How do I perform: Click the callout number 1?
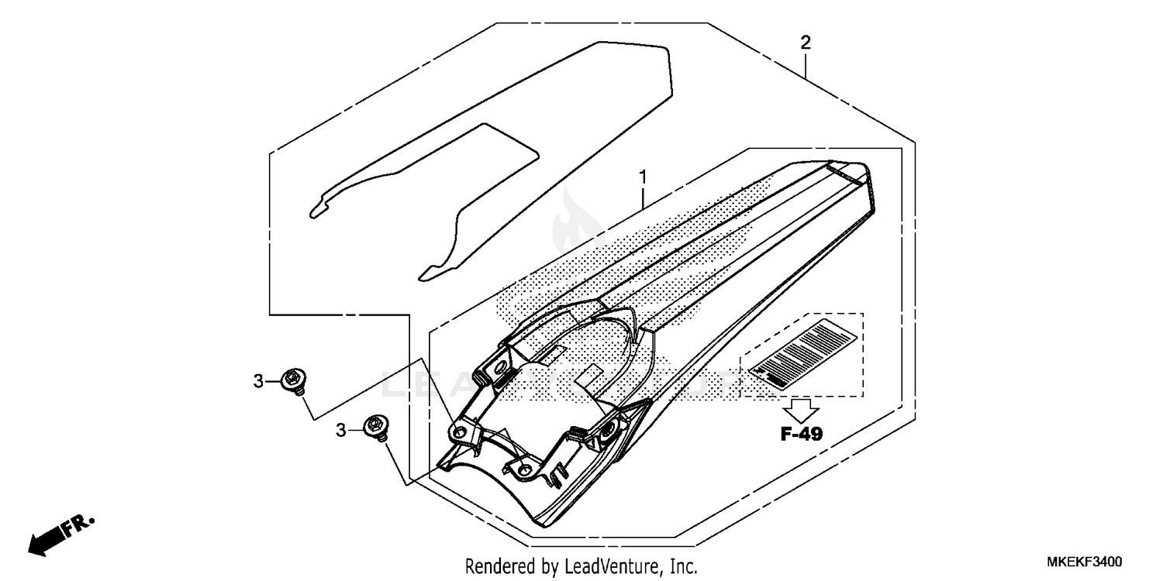pos(643,177)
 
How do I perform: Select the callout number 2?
pos(806,43)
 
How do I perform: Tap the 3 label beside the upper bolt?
pos(258,380)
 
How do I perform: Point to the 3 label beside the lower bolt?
pos(340,429)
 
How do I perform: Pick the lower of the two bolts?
pos(378,428)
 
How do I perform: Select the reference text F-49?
pos(801,434)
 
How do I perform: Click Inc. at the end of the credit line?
pos(683,566)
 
